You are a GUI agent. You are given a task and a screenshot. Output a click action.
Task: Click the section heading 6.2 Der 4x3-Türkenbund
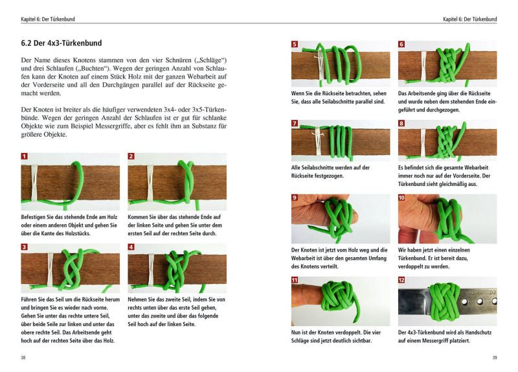[62, 43]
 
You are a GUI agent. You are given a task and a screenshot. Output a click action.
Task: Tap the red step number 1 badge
[25, 156]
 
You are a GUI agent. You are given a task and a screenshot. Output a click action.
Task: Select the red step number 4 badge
[131, 247]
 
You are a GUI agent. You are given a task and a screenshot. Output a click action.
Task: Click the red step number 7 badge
[295, 123]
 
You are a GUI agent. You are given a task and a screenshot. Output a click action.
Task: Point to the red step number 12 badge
[401, 280]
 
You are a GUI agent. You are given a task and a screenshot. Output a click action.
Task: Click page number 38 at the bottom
[24, 358]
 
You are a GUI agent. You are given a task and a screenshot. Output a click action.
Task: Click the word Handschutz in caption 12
[478, 332]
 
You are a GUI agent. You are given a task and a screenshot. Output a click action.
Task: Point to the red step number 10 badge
[401, 198]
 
